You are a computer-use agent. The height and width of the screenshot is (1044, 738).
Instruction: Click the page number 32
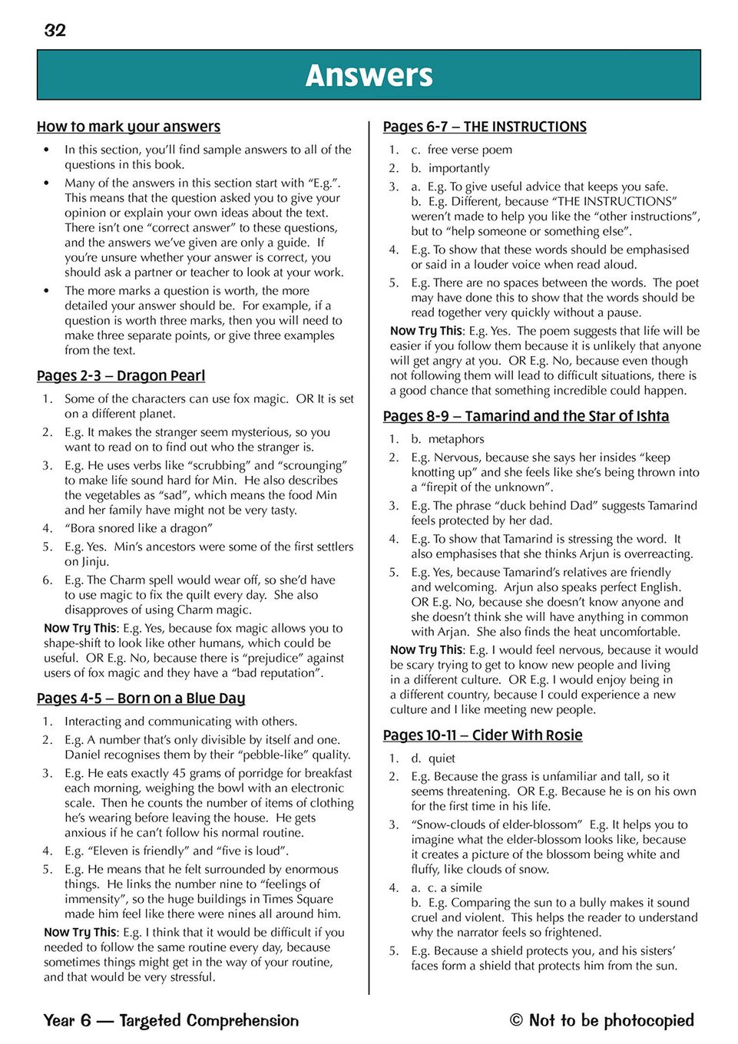click(x=55, y=31)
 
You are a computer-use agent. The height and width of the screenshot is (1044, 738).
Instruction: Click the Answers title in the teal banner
click(x=369, y=75)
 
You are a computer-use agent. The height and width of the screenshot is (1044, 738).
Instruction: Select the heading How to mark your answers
click(x=128, y=127)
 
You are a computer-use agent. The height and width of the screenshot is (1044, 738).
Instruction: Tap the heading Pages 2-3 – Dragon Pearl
click(x=121, y=376)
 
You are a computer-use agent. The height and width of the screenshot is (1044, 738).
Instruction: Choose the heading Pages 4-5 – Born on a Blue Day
click(x=141, y=699)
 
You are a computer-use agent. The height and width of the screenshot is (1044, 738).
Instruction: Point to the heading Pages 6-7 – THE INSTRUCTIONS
click(x=485, y=127)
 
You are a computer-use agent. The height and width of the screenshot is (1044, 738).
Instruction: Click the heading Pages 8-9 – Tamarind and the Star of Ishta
click(x=526, y=416)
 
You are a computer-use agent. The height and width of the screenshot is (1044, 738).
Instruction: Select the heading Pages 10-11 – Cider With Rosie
click(x=482, y=735)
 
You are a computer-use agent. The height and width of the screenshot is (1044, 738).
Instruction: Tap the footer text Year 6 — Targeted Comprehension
click(x=171, y=1020)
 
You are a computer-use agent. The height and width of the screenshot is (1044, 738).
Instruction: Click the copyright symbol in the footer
click(x=517, y=1020)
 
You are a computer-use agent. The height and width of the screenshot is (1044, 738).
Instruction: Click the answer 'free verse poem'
click(x=470, y=150)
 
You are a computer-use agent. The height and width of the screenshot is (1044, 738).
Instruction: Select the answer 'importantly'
click(x=458, y=168)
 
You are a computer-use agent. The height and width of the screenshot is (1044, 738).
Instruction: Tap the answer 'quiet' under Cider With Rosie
click(x=442, y=758)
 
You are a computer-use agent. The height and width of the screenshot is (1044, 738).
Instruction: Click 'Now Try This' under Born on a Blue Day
click(x=80, y=932)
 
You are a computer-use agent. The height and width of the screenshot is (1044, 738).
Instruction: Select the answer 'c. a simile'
click(x=455, y=887)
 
